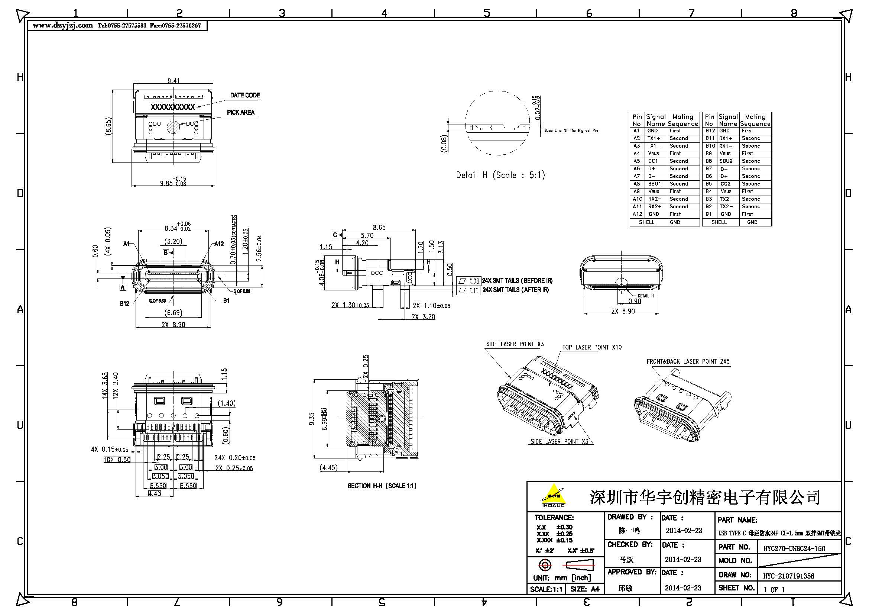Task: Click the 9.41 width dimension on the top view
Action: tap(174, 81)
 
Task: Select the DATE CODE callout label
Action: tap(245, 95)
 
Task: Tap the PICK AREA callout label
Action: tap(240, 112)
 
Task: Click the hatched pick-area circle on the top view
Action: tap(174, 127)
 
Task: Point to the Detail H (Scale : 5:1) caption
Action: tap(500, 175)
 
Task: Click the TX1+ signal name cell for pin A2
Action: tap(654, 138)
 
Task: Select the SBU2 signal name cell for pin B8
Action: tap(726, 161)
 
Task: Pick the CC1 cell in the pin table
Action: tap(653, 161)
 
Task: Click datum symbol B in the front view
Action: tap(165, 252)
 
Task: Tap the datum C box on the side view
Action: tap(335, 235)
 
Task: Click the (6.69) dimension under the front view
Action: tap(174, 312)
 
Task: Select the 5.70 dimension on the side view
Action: tap(367, 235)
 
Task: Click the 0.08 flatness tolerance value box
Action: tap(474, 281)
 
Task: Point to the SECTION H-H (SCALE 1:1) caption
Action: tap(382, 486)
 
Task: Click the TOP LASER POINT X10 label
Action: tap(591, 347)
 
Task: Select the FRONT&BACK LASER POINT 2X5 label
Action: tap(688, 361)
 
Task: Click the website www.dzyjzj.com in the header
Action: tap(62, 25)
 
